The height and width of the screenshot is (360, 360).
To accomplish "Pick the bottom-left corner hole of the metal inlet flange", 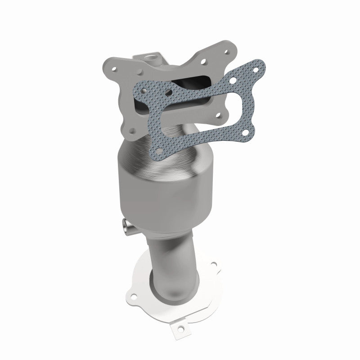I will click(131, 131).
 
